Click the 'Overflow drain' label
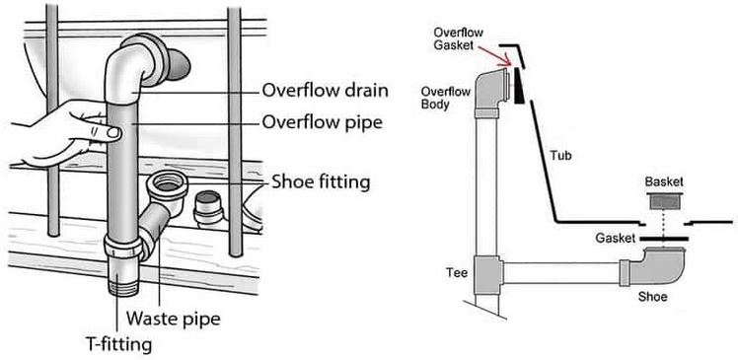(x=325, y=90)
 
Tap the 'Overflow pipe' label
(x=322, y=123)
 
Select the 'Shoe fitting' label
(x=321, y=181)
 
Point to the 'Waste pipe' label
(x=174, y=319)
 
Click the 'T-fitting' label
(x=117, y=344)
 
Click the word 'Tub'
(x=561, y=155)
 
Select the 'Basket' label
(x=664, y=181)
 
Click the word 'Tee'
(x=458, y=272)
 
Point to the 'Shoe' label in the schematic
(x=652, y=297)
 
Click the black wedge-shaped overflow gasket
(x=519, y=86)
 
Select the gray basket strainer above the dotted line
(x=664, y=200)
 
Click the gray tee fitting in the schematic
(x=487, y=274)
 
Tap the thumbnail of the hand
(x=112, y=133)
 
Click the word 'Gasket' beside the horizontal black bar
(x=615, y=238)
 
